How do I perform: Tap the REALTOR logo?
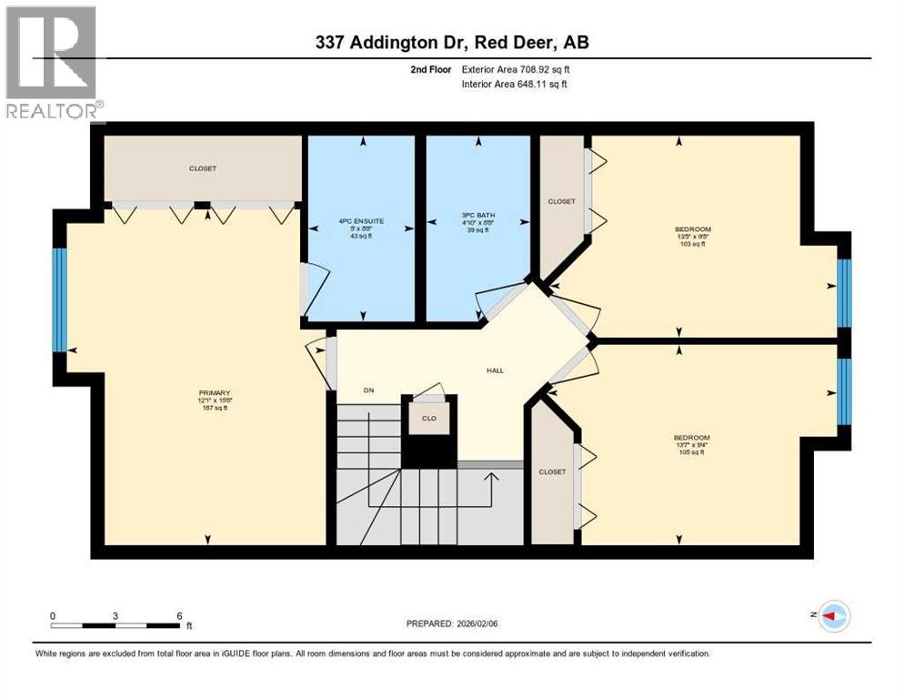tap(51, 64)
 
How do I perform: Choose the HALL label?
tap(495, 370)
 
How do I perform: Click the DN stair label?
tap(369, 391)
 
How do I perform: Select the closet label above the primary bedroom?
tap(203, 168)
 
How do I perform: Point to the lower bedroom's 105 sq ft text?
tap(691, 452)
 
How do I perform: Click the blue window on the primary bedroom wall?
tap(59, 299)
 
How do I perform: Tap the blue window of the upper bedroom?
tap(843, 292)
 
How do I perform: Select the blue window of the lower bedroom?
tap(843, 391)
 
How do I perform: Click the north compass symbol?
tap(834, 616)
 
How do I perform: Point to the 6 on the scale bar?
tap(178, 614)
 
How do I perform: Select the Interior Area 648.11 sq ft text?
tap(519, 85)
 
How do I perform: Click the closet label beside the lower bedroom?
tap(552, 471)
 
